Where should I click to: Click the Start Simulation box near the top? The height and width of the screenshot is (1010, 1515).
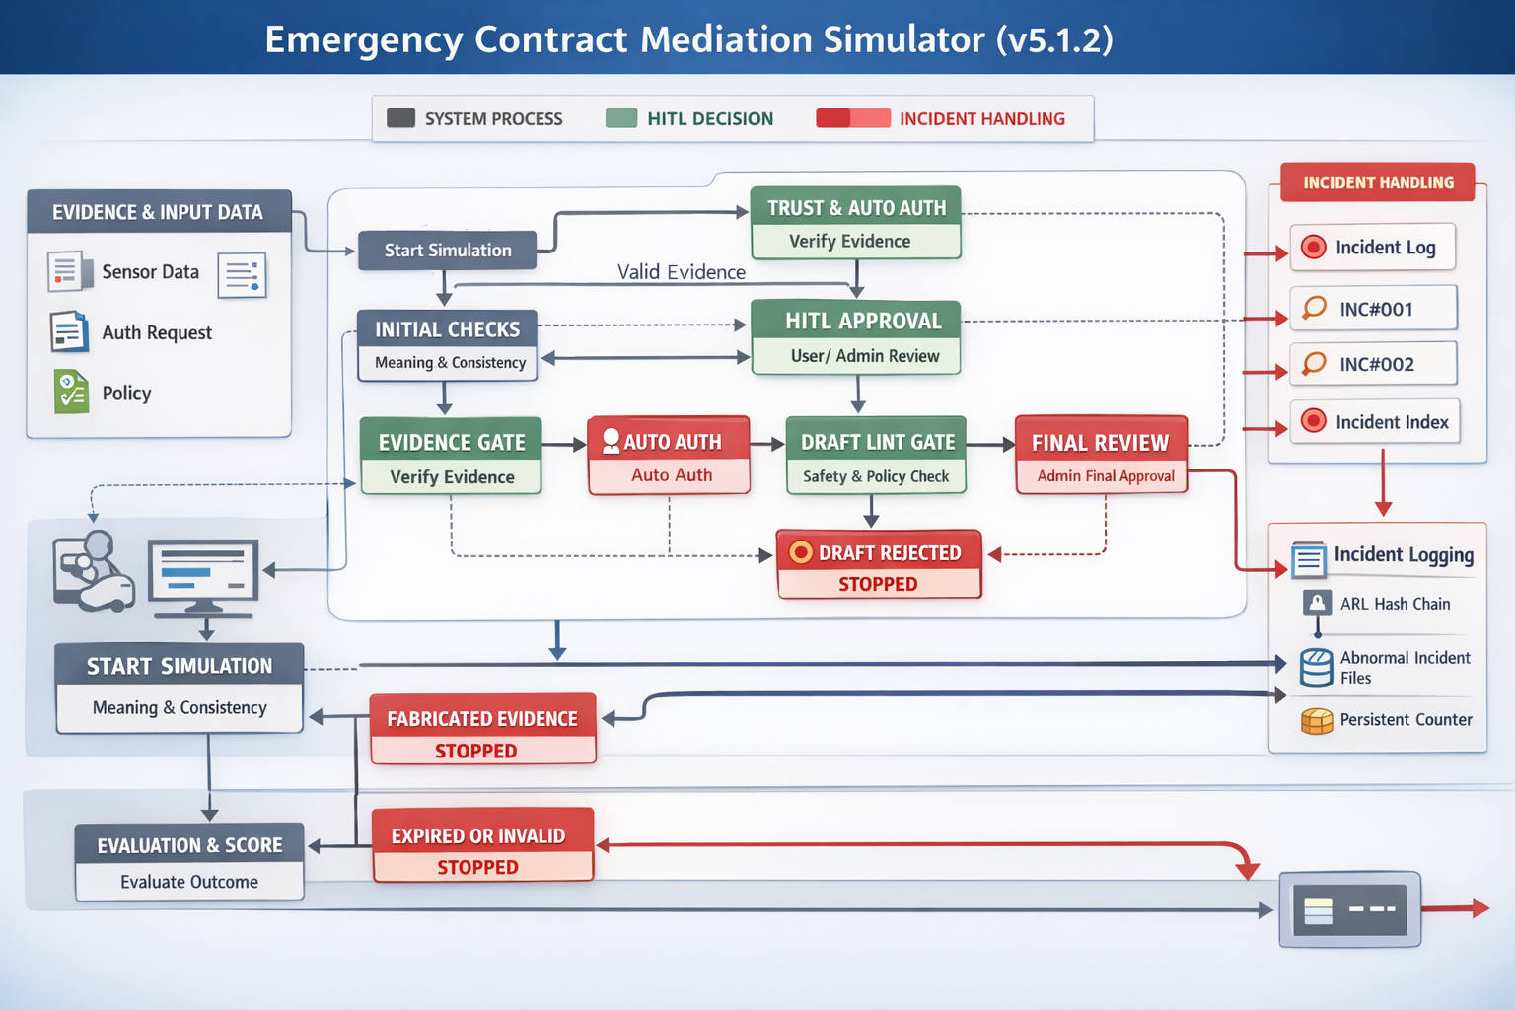[447, 251]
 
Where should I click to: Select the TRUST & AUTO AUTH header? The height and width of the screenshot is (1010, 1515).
[856, 207]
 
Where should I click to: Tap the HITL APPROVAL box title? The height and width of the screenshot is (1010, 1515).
[856, 321]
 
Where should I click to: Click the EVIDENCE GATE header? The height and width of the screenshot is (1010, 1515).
[451, 442]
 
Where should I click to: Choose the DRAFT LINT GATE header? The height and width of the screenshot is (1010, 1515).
[876, 442]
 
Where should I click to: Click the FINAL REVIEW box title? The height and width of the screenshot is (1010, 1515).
[1101, 442]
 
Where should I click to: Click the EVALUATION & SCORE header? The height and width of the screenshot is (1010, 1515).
[189, 845]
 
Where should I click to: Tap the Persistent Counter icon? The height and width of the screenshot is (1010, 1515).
[1317, 721]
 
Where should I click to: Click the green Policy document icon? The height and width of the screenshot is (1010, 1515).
[71, 392]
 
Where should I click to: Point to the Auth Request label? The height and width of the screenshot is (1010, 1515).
[157, 332]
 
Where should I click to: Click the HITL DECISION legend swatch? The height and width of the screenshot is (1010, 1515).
[621, 118]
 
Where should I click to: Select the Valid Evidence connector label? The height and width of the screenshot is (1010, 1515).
[682, 272]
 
